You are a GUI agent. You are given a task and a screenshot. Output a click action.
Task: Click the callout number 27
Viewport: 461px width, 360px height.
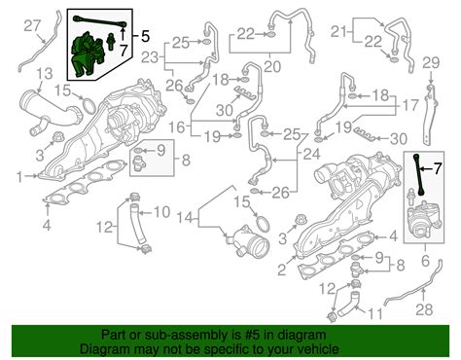click(x=32, y=25)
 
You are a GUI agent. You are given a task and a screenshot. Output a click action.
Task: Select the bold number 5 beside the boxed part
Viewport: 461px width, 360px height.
click(x=146, y=36)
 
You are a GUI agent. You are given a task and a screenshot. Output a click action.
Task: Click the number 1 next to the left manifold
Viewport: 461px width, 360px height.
click(x=20, y=177)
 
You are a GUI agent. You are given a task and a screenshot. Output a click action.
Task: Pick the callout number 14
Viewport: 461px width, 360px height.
click(x=186, y=218)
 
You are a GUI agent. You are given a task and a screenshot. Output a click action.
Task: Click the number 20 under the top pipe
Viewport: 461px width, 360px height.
click(x=271, y=67)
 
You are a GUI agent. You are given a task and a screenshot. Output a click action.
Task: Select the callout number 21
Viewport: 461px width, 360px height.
click(x=338, y=32)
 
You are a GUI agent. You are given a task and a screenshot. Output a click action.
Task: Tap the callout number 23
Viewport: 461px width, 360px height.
click(x=150, y=57)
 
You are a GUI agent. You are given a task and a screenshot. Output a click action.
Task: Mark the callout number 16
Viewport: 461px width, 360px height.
click(x=177, y=127)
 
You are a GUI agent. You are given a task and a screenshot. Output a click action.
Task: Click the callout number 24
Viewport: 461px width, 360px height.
click(x=311, y=154)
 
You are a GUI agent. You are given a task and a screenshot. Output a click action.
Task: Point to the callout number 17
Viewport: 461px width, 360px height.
click(x=410, y=105)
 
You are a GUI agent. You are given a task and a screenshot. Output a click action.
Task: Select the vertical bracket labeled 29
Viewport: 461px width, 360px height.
click(x=431, y=116)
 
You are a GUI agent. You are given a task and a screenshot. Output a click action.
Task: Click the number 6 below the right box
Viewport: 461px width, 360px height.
click(x=425, y=260)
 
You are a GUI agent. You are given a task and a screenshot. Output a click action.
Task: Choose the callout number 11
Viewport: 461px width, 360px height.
click(x=374, y=313)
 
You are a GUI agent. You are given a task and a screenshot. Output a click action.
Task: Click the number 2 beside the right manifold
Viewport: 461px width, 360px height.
click(x=282, y=270)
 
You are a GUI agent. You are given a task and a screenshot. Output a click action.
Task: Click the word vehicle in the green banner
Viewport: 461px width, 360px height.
click(x=318, y=349)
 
